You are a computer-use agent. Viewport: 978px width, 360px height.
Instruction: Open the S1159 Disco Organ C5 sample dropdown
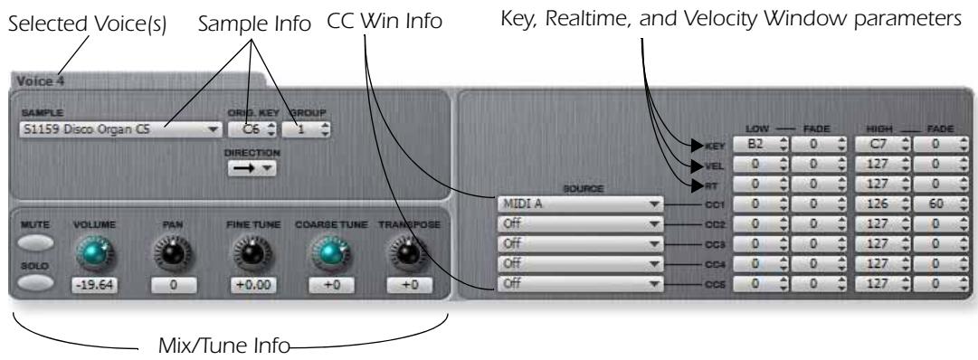click(118, 129)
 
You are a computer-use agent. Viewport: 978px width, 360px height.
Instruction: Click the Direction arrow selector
click(250, 167)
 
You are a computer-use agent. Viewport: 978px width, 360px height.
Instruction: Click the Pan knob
click(168, 255)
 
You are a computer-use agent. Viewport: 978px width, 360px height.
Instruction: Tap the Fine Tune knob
click(247, 255)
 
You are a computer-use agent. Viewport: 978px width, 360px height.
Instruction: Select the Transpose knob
click(407, 255)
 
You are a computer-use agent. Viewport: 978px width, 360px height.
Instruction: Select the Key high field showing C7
click(876, 142)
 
